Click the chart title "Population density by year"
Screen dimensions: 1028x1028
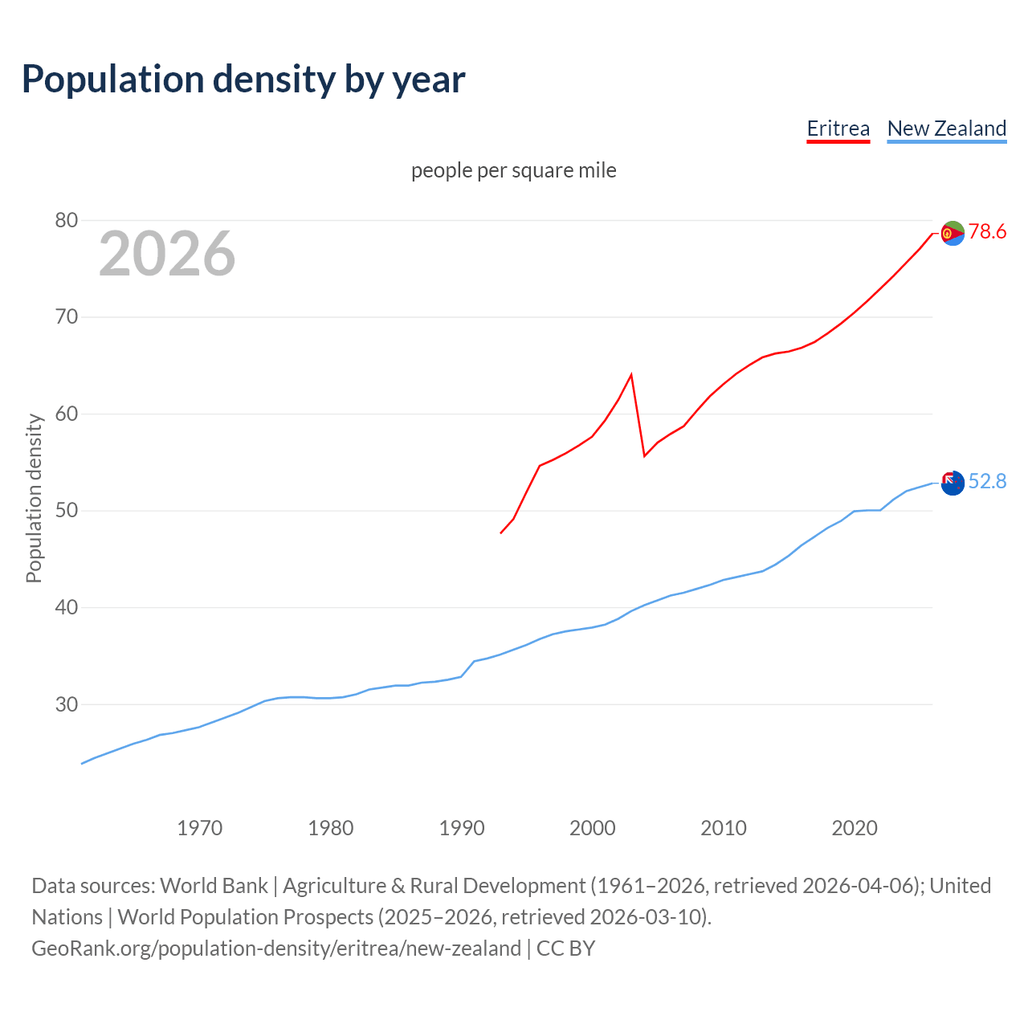[243, 80]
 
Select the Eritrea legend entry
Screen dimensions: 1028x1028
[838, 128]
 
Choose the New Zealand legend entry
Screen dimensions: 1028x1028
[946, 128]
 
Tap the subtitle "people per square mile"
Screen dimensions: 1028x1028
[514, 170]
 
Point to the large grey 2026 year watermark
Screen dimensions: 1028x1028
[167, 254]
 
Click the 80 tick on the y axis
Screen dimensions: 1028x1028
[67, 220]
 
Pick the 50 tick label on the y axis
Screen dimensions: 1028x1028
[67, 511]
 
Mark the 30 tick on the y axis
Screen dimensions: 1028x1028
[67, 704]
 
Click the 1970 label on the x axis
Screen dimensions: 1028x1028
[199, 828]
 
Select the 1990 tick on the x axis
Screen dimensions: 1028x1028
[462, 828]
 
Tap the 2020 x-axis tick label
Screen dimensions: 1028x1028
[855, 828]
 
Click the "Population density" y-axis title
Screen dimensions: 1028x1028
[34, 498]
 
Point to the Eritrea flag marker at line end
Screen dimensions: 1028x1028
[953, 233]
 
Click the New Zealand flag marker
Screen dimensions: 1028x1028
[953, 483]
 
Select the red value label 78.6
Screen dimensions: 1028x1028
[987, 232]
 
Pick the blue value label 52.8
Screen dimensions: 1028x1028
[987, 481]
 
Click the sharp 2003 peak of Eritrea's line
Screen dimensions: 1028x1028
[631, 374]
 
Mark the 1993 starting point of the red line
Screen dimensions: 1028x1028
[501, 532]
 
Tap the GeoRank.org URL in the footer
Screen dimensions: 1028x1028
[276, 948]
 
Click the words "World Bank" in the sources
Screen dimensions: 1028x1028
[214, 886]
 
